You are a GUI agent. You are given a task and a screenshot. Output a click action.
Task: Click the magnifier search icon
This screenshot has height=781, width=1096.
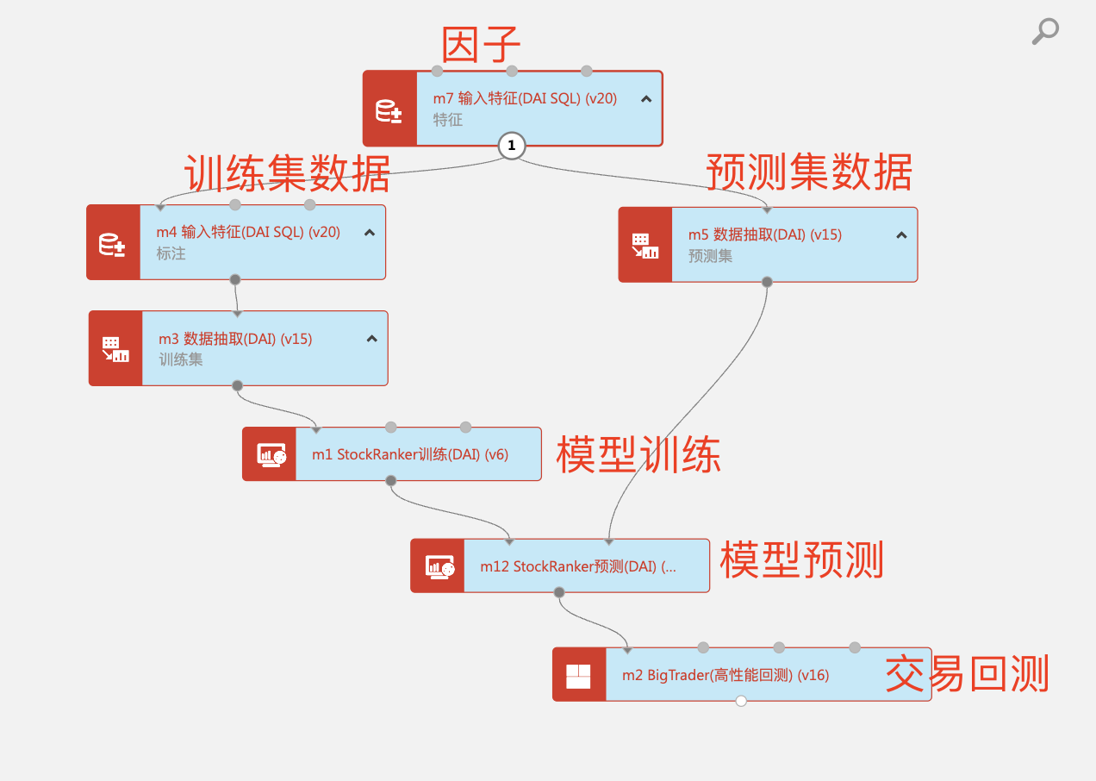coord(1044,31)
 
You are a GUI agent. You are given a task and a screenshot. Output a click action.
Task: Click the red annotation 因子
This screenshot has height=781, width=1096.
coord(482,45)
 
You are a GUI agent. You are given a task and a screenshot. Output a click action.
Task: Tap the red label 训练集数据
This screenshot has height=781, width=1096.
coord(287,173)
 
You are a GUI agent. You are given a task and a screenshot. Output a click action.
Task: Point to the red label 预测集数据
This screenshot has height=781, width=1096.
coord(809,172)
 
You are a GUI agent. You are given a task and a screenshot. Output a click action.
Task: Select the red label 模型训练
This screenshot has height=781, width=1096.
coord(638,454)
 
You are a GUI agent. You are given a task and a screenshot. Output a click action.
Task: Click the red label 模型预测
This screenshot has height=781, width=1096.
coord(801,560)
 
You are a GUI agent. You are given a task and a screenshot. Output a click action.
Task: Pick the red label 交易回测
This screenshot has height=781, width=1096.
coord(967,674)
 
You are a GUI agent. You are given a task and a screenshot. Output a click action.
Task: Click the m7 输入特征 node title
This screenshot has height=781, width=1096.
coord(525,98)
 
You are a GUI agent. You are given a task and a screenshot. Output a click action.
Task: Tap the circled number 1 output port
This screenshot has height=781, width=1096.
coord(511,146)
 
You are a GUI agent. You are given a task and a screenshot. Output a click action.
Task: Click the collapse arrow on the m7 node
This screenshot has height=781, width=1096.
coord(646,99)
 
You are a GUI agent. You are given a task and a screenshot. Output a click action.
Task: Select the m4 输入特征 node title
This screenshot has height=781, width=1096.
coord(248,232)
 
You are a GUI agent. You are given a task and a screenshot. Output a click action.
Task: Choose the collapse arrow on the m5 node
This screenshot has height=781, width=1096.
coord(901,234)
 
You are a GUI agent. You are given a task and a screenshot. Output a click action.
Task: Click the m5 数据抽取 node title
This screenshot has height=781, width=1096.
coord(764,234)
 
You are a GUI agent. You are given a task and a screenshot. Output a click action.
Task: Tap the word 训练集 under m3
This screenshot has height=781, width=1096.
coord(181,359)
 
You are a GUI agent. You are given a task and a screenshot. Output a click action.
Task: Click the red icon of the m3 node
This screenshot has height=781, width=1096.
coord(115,349)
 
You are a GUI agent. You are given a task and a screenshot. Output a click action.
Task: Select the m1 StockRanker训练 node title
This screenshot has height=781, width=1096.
coord(410,454)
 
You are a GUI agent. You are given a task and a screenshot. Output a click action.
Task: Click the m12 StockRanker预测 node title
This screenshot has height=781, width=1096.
coord(578,566)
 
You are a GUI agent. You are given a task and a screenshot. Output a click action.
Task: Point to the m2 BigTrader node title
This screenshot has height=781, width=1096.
coord(725,675)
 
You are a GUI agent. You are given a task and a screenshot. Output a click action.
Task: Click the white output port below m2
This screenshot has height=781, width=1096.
coord(741,701)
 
